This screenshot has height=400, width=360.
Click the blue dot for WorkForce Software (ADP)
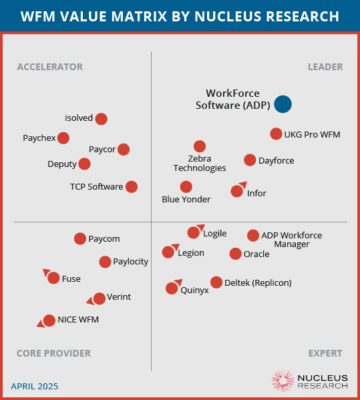(283, 103)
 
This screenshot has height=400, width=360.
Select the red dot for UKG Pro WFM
(276, 134)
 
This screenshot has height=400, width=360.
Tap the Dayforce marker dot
(250, 160)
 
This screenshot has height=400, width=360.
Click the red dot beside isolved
(101, 118)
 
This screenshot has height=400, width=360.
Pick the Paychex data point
(64, 138)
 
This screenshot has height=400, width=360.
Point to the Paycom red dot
(80, 238)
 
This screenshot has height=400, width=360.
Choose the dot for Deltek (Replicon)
(216, 282)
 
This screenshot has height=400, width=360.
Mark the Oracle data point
(235, 254)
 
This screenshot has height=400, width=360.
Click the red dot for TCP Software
(132, 186)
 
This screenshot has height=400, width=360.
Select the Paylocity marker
(105, 262)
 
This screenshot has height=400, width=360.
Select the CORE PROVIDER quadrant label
(54, 354)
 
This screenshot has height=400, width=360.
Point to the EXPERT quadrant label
(324, 354)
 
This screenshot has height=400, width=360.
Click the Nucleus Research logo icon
(283, 380)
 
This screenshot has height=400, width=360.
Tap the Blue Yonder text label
(185, 201)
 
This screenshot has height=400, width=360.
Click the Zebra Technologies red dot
(200, 146)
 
